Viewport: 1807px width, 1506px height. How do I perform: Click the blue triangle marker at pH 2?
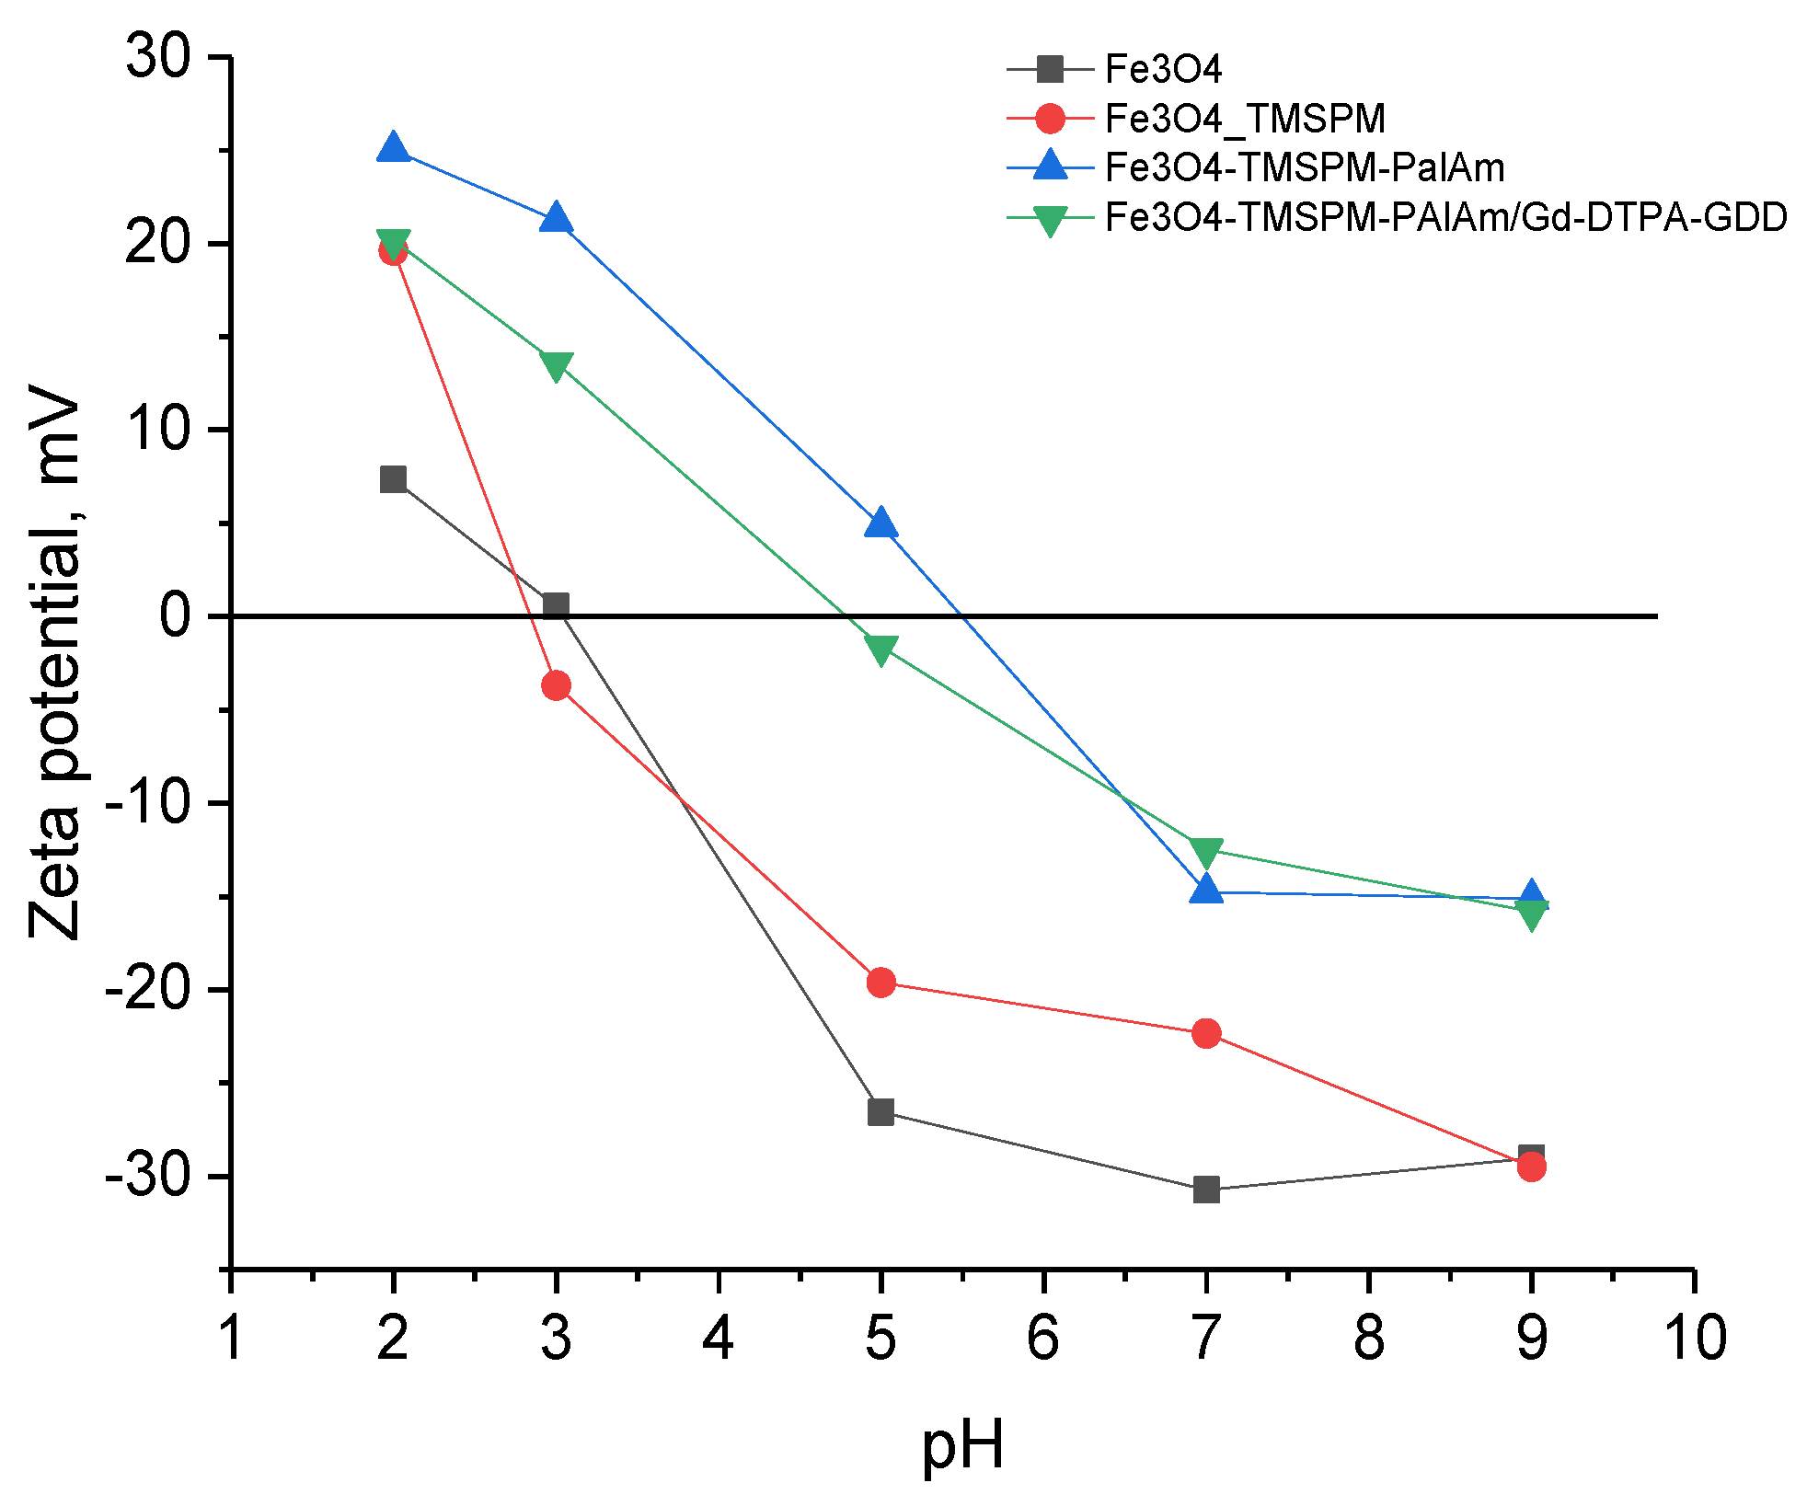[x=393, y=147]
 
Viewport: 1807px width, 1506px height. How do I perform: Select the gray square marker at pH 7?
[x=1205, y=1190]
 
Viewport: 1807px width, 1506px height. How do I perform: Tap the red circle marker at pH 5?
[x=880, y=983]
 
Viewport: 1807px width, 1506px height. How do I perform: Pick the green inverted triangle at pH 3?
[x=556, y=365]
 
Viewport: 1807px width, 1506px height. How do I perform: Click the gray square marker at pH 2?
[x=393, y=479]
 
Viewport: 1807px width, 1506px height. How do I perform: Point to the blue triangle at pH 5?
[x=880, y=523]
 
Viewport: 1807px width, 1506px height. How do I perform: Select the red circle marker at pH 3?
[x=556, y=685]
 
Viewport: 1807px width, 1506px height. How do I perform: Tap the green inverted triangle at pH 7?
[x=1205, y=852]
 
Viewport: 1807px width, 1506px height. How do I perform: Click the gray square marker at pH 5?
[x=880, y=1112]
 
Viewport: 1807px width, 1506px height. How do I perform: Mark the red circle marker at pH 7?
[x=1205, y=1033]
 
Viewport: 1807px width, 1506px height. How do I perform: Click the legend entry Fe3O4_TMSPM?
[x=1244, y=119]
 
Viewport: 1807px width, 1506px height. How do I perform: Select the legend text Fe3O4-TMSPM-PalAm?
[x=1304, y=167]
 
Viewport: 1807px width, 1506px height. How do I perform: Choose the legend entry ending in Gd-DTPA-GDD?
[x=1445, y=217]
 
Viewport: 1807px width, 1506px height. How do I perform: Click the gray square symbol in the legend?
[x=1049, y=69]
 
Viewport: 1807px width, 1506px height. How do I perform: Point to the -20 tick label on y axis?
[x=147, y=990]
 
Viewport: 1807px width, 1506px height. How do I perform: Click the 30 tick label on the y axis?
[x=158, y=57]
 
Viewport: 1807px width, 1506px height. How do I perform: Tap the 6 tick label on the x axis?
[x=1042, y=1338]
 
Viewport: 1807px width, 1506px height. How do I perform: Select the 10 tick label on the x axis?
[x=1695, y=1338]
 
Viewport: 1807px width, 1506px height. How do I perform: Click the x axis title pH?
[x=962, y=1445]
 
